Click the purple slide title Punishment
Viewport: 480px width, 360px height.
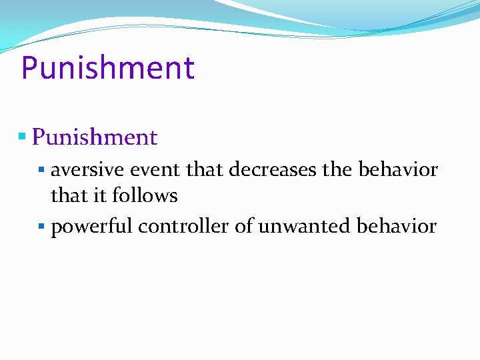(108, 68)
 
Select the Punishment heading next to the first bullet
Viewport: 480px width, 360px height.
(95, 137)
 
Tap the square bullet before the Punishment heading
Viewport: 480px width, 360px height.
(22, 137)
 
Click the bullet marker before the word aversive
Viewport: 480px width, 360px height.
(42, 170)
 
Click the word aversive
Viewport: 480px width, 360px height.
(88, 170)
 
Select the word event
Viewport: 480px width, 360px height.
(156, 170)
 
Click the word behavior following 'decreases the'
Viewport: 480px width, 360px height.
(398, 170)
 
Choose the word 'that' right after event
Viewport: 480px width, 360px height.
(206, 170)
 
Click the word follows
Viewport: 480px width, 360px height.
(145, 196)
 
